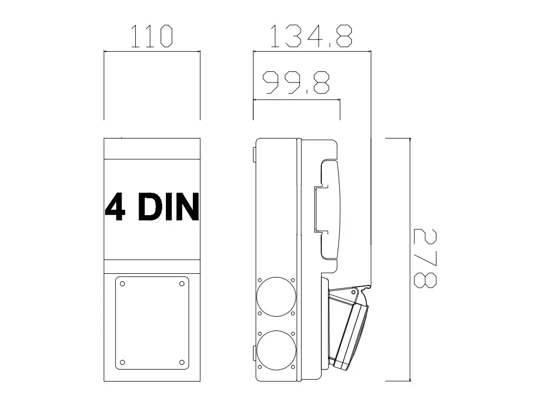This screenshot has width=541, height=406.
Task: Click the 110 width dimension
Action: tap(152, 36)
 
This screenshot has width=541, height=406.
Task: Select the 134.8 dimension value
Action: tap(311, 36)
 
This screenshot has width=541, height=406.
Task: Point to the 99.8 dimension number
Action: tap(296, 82)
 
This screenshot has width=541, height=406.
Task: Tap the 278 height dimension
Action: tap(425, 258)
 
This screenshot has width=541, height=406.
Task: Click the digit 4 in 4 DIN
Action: tap(115, 207)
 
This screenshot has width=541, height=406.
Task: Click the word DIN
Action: tap(169, 207)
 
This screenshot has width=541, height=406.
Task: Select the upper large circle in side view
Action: tap(276, 297)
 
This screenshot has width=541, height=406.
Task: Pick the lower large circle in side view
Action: tap(276, 350)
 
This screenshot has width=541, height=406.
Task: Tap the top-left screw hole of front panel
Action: tap(122, 284)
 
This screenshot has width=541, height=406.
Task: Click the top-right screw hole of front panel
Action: tap(182, 284)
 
